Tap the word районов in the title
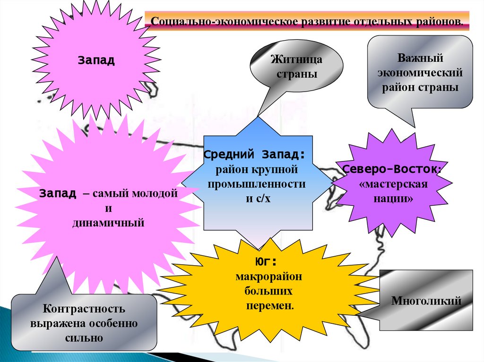[x=440, y=22]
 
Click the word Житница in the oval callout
[x=296, y=60]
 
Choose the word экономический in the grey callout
[x=420, y=74]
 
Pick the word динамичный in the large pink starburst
[x=108, y=222]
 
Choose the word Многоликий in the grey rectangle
[x=426, y=301]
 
